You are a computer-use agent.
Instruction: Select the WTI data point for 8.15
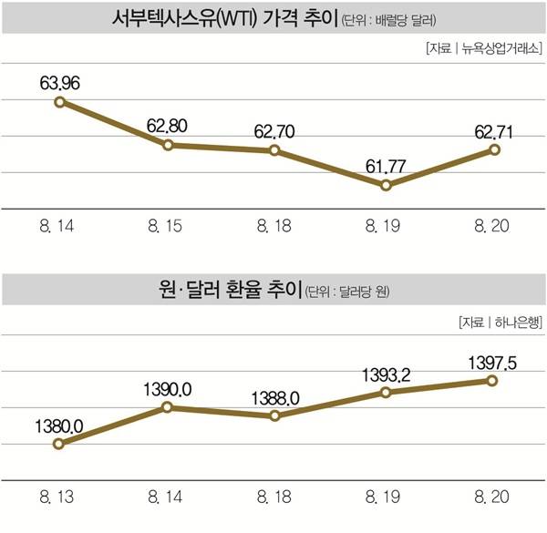coord(169,145)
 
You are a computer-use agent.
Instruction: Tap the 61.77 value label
coord(386,166)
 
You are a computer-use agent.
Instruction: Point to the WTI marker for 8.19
coord(386,185)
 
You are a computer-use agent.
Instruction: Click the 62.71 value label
coord(493,130)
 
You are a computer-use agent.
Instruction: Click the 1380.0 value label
coord(62,425)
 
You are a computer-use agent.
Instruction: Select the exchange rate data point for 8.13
coord(59,444)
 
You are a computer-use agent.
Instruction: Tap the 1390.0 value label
coord(169,389)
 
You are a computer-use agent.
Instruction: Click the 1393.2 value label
coord(386,374)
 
